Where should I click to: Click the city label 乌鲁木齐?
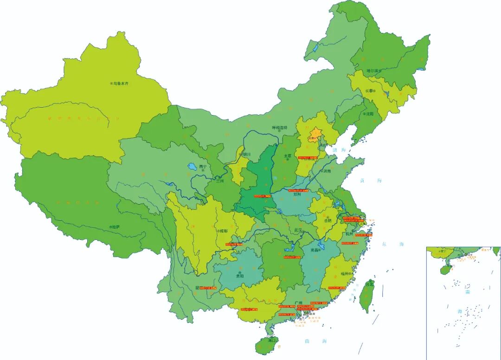point(121,84)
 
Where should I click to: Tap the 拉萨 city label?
point(116,227)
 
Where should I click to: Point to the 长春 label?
point(369,91)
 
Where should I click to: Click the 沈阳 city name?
point(369,114)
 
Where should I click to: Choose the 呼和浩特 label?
point(280,128)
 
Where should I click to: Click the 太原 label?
point(288,156)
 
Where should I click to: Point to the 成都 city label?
point(223,231)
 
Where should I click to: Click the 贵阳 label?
point(239,276)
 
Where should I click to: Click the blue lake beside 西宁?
point(192,166)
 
